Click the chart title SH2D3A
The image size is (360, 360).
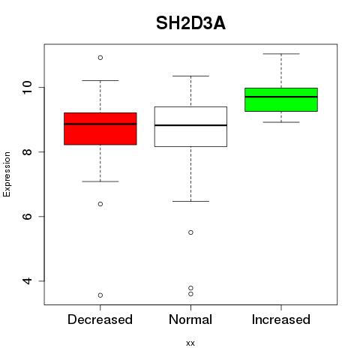point(190,23)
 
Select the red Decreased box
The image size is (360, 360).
point(100,129)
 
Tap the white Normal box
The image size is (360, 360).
point(190,127)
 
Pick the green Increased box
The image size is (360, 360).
point(281,100)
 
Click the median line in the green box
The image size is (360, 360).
point(281,97)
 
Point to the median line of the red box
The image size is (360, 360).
point(100,124)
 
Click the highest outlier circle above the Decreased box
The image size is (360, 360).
point(100,58)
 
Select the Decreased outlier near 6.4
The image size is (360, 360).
point(100,204)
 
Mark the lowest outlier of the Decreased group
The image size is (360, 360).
point(100,295)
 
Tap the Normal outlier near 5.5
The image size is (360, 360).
point(190,232)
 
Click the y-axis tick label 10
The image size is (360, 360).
point(28,87)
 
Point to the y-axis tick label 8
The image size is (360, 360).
point(28,151)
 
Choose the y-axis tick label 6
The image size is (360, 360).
point(28,216)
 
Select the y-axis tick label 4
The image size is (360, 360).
point(28,280)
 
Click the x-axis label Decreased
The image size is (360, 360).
point(100,319)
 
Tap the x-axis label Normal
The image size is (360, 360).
point(190,319)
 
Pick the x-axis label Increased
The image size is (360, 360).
point(281,319)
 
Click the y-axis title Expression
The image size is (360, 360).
point(7,174)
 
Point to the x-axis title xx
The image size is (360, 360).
point(190,343)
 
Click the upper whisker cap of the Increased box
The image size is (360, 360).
point(281,54)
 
